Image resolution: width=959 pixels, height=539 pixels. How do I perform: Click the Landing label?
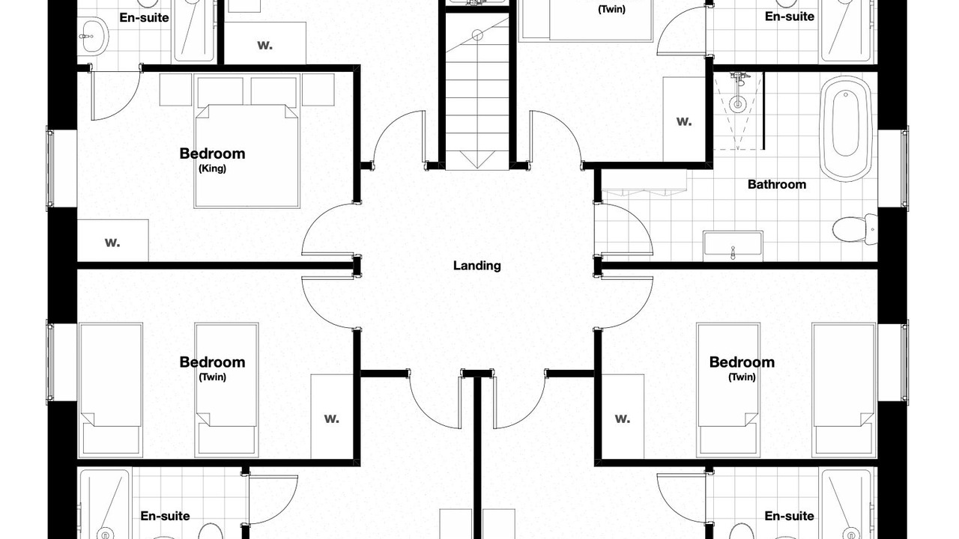477,266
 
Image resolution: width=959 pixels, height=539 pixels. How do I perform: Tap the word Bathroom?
777,184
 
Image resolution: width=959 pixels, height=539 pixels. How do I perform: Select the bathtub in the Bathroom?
846,129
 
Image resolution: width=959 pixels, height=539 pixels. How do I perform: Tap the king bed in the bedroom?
246,156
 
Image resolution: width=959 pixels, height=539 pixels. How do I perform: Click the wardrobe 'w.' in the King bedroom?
112,243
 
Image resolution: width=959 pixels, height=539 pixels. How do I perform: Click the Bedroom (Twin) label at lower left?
212,368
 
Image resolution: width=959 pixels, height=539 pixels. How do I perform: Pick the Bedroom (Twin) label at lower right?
742,368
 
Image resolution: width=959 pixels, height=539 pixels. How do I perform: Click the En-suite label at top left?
144,17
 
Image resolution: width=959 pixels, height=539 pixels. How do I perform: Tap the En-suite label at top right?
790,16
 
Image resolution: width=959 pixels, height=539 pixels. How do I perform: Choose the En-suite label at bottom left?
165,516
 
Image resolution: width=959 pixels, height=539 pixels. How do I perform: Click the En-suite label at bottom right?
790,516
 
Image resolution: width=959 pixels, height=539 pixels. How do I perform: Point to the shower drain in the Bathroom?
738,104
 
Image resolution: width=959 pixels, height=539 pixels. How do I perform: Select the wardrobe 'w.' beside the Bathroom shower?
684,121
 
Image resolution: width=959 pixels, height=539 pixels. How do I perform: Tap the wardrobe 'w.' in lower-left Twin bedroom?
332,418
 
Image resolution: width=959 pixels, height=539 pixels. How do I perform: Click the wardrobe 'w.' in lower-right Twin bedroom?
623,418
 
